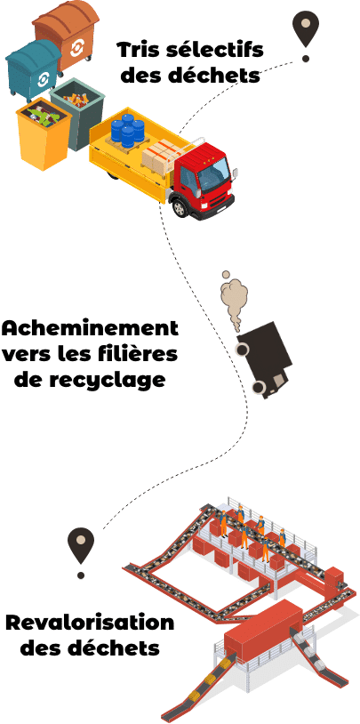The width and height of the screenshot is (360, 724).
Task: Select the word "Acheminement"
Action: [90, 330]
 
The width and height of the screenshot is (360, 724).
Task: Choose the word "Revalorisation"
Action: [90, 623]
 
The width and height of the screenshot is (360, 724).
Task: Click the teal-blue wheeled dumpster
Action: [34, 69]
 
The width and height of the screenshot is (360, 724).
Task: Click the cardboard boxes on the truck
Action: [160, 158]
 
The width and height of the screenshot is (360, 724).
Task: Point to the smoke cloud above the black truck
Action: [233, 297]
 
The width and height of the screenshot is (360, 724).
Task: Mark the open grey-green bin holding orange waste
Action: [77, 113]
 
